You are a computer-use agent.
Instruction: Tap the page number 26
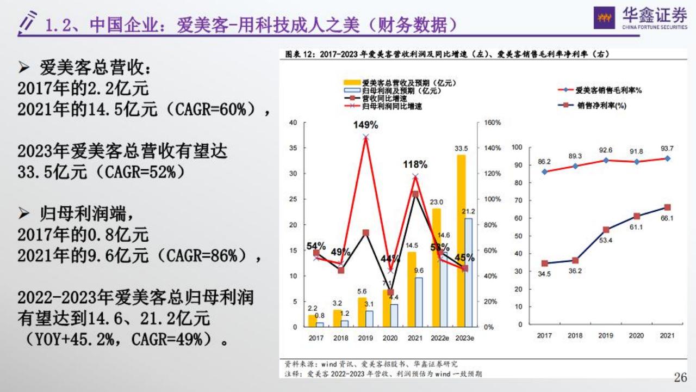(x=680, y=377)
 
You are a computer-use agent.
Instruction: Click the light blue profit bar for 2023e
(x=468, y=272)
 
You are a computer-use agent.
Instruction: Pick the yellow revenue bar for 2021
(x=412, y=289)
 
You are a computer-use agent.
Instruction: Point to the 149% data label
(x=365, y=125)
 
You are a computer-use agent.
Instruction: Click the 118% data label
(x=415, y=164)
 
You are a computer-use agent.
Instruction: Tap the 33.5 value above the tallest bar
(x=462, y=148)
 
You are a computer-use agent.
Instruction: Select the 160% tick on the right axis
(x=492, y=122)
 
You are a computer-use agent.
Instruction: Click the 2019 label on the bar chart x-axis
(x=365, y=338)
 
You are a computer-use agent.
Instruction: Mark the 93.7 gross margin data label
(x=667, y=149)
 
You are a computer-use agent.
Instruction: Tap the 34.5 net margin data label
(x=544, y=274)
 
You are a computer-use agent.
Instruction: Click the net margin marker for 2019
(x=606, y=230)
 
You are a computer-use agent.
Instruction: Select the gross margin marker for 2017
(x=544, y=172)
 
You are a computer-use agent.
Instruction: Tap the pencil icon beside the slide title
(x=28, y=22)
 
